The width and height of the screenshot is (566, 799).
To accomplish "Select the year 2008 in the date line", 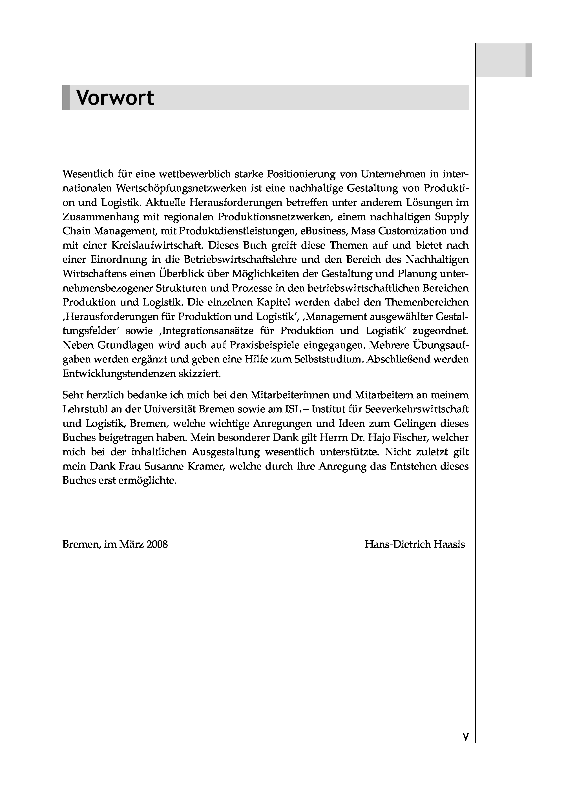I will [157, 544].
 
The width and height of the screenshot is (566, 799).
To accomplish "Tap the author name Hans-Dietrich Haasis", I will [415, 544].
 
